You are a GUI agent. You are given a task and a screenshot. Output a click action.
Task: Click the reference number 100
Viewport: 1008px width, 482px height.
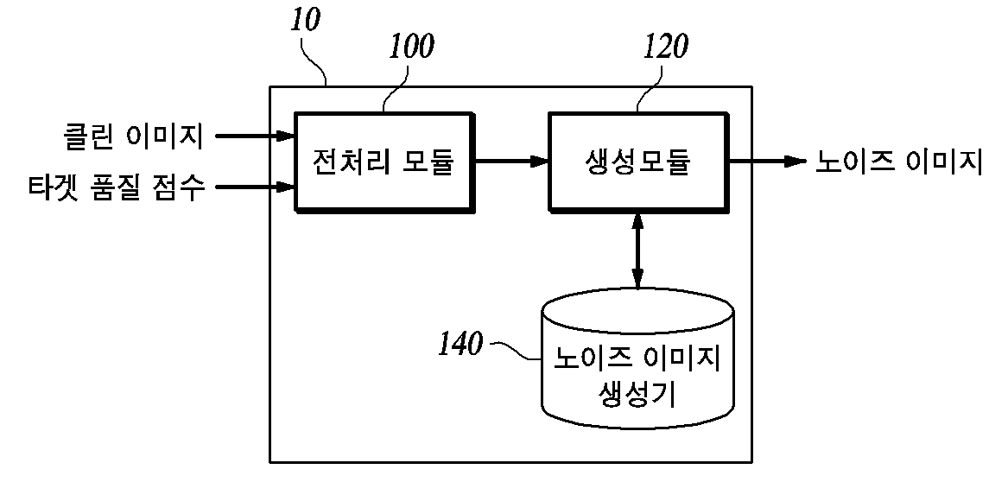pyautogui.click(x=411, y=47)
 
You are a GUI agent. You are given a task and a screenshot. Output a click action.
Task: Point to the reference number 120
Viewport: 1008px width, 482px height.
pyautogui.click(x=665, y=47)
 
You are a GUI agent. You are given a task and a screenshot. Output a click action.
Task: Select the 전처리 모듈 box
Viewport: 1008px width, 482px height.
pyautogui.click(x=384, y=162)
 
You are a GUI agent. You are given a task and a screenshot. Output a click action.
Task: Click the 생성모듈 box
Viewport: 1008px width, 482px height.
pyautogui.click(x=639, y=162)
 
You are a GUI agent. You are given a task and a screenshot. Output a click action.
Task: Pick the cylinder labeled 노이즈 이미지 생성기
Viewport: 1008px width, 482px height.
pyautogui.click(x=637, y=357)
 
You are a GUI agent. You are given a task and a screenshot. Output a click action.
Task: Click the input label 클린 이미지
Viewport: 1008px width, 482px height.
pyautogui.click(x=134, y=136)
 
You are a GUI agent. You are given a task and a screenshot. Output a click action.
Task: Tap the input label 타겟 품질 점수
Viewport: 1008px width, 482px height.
pyautogui.click(x=117, y=187)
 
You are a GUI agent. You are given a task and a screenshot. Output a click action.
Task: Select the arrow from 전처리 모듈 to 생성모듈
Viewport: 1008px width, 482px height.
pyautogui.click(x=511, y=162)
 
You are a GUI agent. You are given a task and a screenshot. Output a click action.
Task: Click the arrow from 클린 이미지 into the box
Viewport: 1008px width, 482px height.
pyautogui.click(x=255, y=136)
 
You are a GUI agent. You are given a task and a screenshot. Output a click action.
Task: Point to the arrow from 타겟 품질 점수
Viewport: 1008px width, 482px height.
pyautogui.click(x=255, y=187)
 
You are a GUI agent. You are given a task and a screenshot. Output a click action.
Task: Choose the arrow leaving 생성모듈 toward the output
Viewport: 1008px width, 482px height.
pyautogui.click(x=768, y=162)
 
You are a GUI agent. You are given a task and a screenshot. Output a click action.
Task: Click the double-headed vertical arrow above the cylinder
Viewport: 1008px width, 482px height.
pyautogui.click(x=637, y=250)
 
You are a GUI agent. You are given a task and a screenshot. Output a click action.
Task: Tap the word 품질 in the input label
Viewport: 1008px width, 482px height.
pyautogui.click(x=111, y=187)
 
